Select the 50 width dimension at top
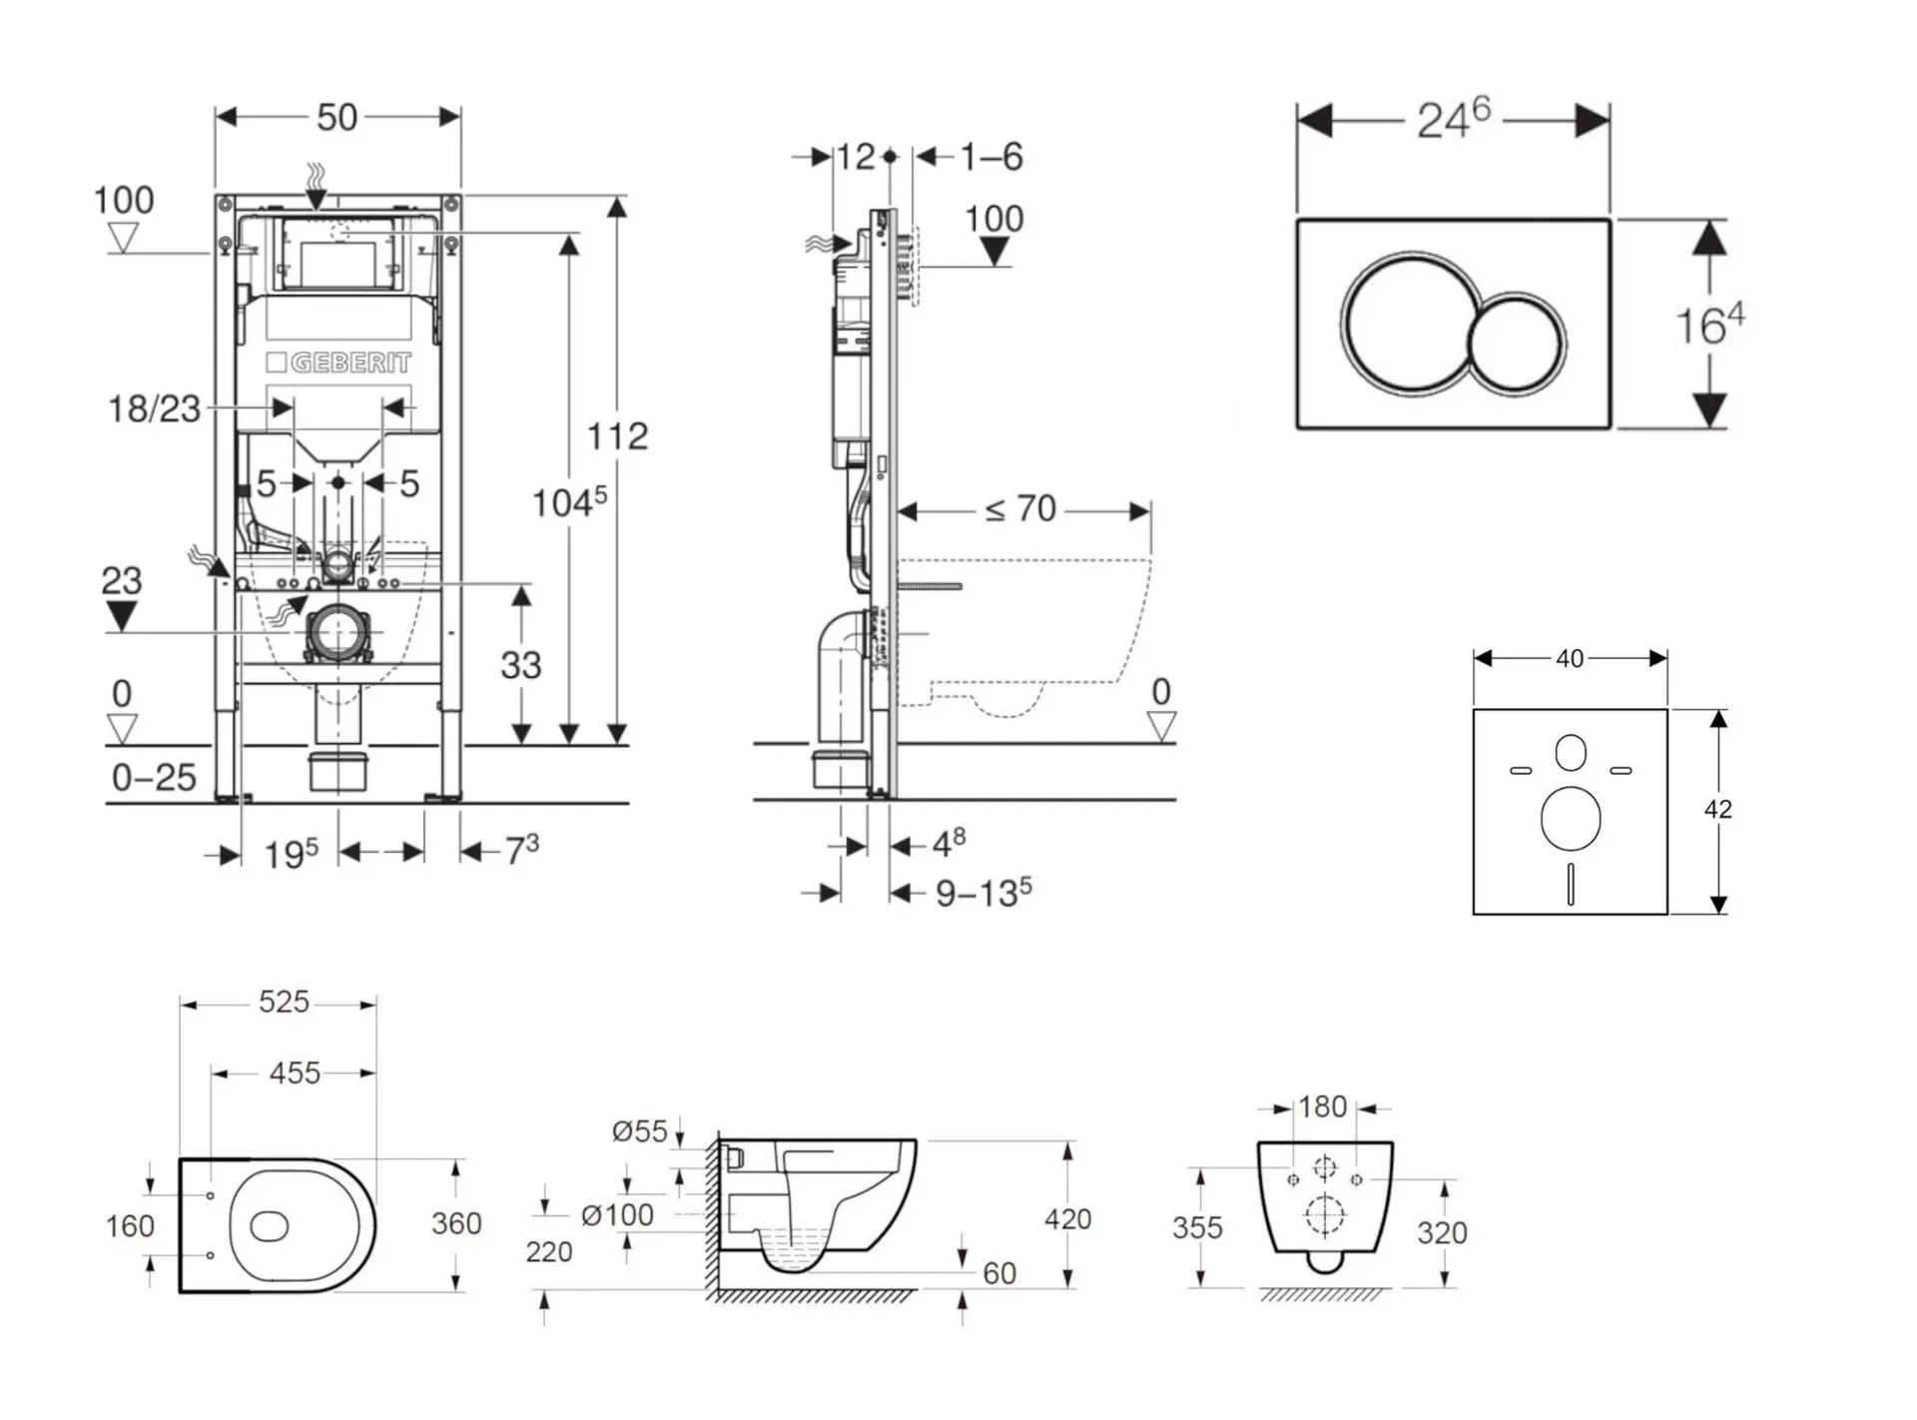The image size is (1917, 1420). point(336,118)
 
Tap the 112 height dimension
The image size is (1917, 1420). point(617,435)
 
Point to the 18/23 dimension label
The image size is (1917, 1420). point(154,408)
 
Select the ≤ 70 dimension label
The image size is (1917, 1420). point(1020,510)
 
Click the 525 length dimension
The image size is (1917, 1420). point(284,1002)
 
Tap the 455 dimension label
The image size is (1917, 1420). point(295,1073)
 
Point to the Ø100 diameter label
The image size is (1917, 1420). point(617,1215)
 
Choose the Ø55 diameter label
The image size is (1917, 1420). point(639,1131)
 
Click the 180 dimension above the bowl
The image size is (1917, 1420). point(1323,1106)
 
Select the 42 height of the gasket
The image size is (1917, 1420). point(1717,809)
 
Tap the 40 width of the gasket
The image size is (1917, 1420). point(1570,659)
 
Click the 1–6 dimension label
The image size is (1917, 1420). point(991,157)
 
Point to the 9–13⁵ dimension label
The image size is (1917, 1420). point(982,893)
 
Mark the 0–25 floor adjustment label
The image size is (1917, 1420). point(154,778)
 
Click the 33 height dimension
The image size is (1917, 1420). point(520,665)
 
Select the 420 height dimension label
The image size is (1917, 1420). point(1067,1218)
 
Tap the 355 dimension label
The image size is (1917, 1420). point(1197,1227)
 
